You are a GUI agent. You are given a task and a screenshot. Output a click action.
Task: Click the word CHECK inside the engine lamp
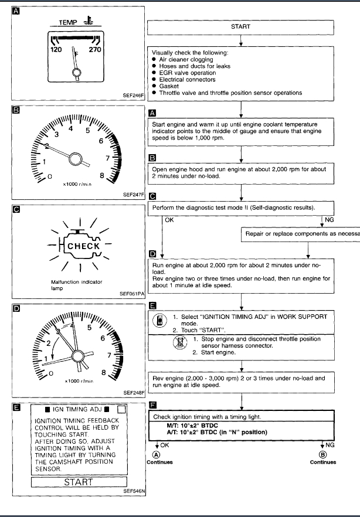coord(83,246)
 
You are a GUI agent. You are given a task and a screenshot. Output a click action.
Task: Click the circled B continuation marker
coord(321,454)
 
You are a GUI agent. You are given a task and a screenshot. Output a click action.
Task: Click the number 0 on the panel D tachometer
coord(51,373)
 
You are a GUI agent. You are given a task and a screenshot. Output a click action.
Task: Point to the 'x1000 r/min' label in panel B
coord(79,184)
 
